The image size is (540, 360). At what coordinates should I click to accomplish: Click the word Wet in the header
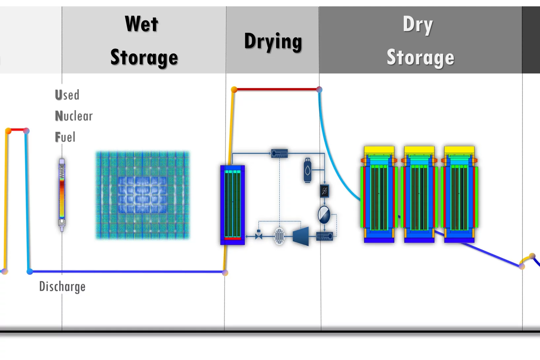point(142,24)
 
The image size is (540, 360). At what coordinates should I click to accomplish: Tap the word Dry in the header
point(417,25)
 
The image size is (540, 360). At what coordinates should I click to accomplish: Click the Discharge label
point(62,286)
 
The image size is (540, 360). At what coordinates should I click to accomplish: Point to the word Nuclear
point(74,116)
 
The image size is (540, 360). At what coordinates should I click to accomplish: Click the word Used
point(67,95)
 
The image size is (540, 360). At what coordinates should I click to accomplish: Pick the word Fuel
point(65,137)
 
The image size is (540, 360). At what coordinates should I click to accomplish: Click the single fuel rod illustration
point(62,195)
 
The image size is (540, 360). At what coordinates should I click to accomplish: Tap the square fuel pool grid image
point(142,195)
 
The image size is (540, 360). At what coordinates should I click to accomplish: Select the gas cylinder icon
point(307,170)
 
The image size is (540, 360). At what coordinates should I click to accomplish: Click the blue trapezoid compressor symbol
point(301,236)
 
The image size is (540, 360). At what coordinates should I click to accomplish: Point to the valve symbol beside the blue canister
point(259,236)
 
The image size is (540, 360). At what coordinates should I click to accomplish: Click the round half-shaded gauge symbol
point(324,215)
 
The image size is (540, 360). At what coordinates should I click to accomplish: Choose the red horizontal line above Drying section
point(277,89)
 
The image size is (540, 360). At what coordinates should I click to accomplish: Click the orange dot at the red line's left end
point(234,90)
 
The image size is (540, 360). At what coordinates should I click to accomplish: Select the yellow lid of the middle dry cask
point(419,150)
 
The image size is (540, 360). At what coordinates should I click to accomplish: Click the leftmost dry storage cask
point(379,195)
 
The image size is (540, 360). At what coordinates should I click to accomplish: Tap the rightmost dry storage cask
point(459,195)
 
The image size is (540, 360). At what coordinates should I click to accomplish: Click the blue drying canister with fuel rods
point(233,205)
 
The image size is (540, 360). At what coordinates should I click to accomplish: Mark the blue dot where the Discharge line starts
point(30,271)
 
